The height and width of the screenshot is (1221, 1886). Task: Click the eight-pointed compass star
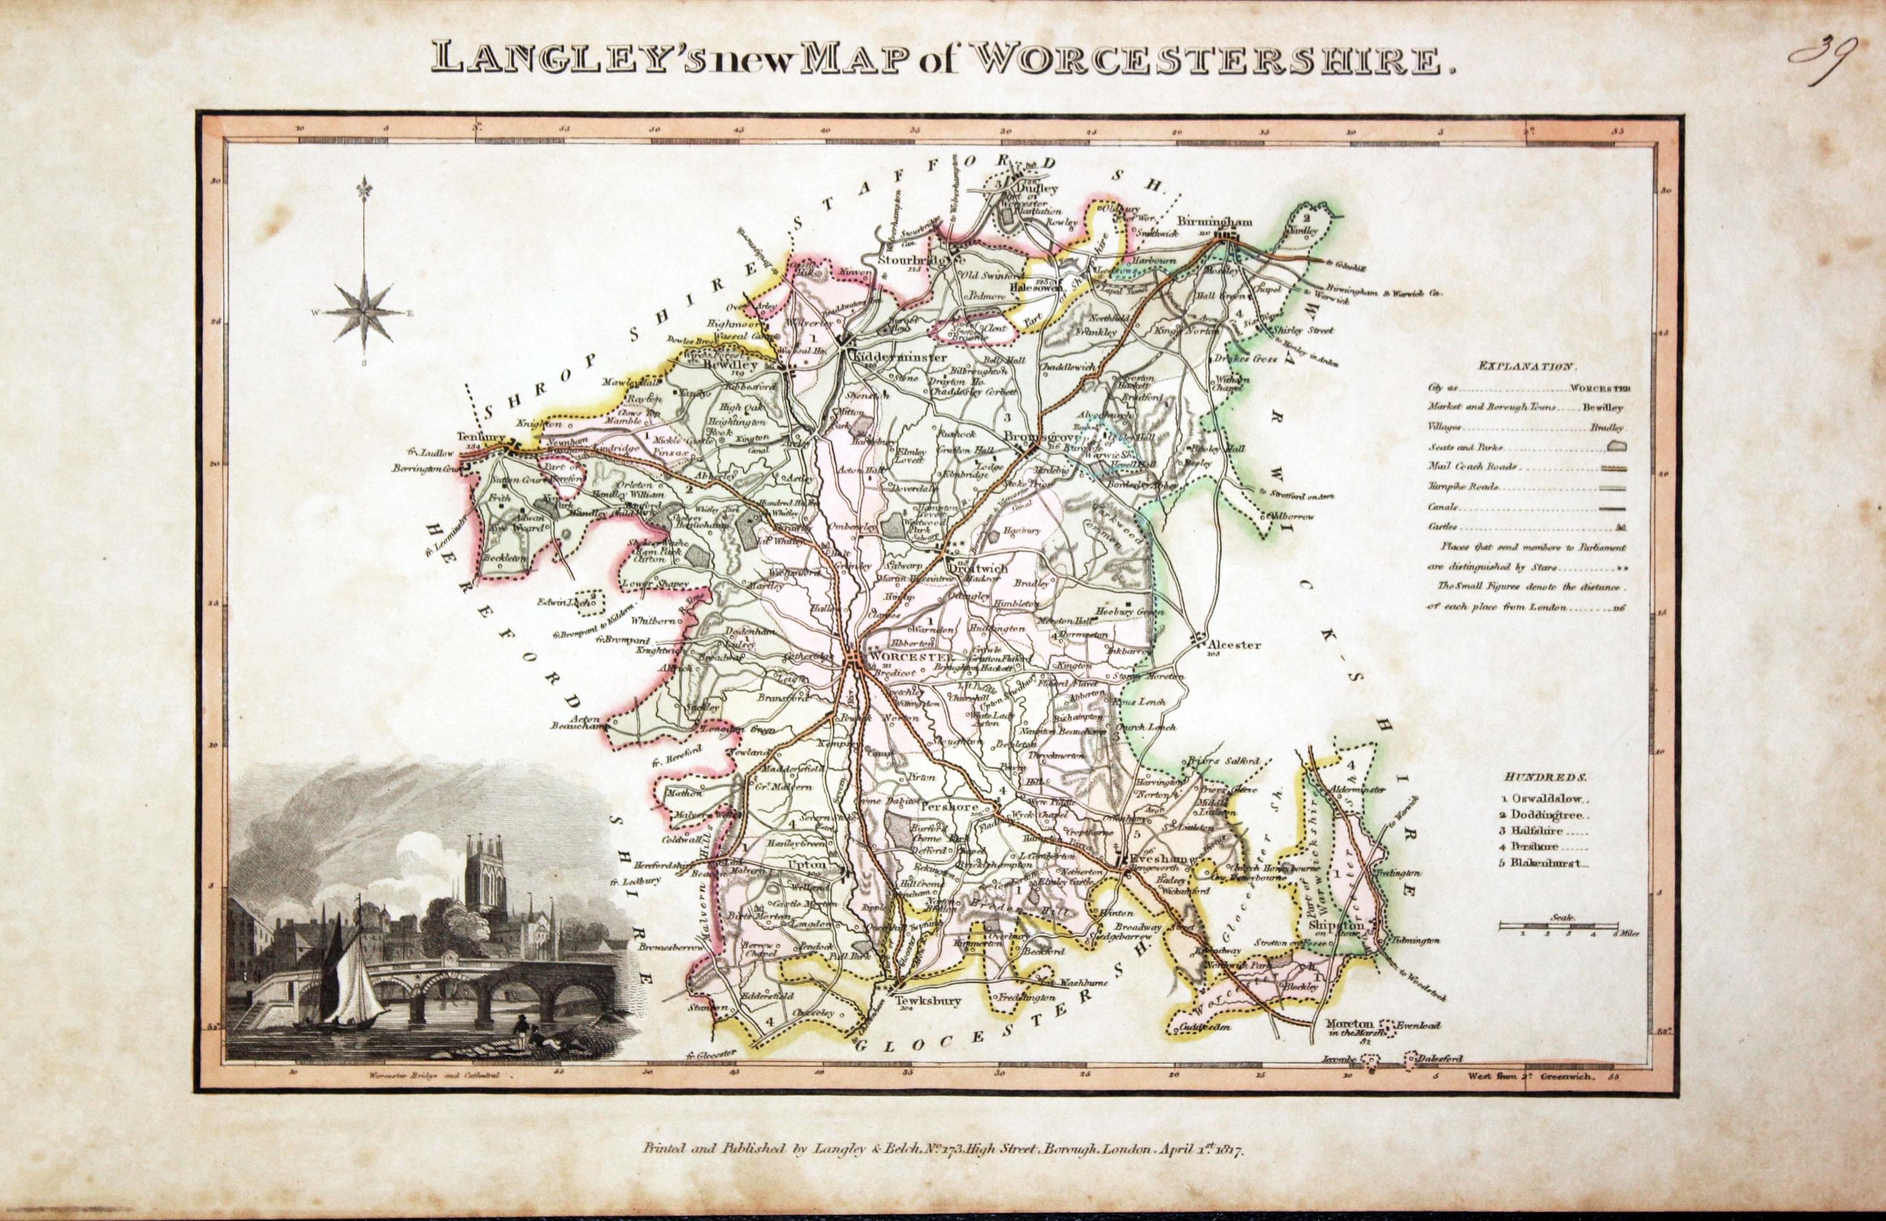(x=365, y=312)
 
